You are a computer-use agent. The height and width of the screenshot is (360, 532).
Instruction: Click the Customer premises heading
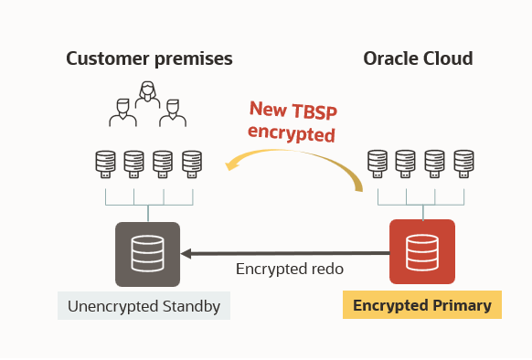pyautogui.click(x=149, y=59)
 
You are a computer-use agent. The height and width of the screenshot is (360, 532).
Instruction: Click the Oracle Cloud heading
pyautogui.click(x=418, y=59)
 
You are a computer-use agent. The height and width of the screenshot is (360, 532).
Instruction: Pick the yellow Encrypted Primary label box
pyautogui.click(x=421, y=305)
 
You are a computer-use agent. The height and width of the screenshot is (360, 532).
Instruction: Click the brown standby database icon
pyautogui.click(x=148, y=253)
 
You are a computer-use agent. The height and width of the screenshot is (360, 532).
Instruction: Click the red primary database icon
pyautogui.click(x=421, y=252)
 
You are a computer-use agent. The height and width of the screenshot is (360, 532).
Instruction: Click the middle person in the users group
pyautogui.click(x=145, y=96)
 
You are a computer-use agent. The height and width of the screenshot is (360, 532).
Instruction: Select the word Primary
pyautogui.click(x=461, y=305)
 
